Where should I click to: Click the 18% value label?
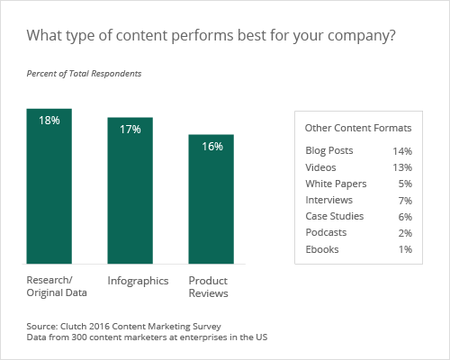point(49,120)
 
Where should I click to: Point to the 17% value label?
point(130,130)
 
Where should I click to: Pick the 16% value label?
point(212,147)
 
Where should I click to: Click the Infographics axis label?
point(138,281)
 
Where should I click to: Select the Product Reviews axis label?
point(208,287)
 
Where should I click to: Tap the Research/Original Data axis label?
point(56,287)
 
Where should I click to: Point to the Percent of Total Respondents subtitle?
point(83,72)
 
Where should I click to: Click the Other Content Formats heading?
point(358,128)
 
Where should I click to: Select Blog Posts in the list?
point(329,150)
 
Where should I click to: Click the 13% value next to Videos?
point(401,166)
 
